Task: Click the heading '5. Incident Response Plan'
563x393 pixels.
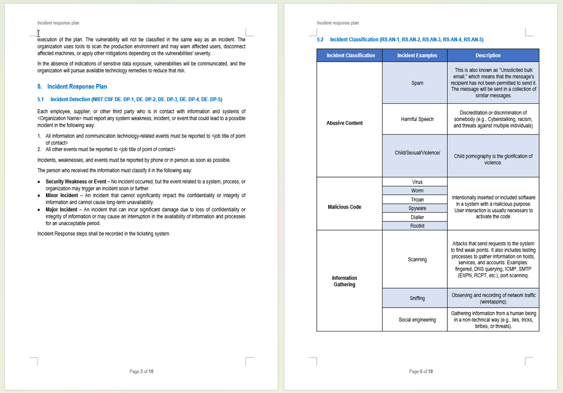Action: (72, 87)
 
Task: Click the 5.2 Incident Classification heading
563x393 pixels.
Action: (400, 40)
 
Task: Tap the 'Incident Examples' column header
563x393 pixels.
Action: (417, 55)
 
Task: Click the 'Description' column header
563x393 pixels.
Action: (488, 55)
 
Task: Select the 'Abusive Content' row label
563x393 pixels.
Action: (345, 123)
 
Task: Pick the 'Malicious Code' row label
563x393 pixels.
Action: (345, 207)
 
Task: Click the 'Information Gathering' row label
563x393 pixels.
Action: (345, 281)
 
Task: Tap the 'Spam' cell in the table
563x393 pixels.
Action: (417, 83)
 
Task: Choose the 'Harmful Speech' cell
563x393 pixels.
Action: (417, 119)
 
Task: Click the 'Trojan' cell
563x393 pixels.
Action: (417, 200)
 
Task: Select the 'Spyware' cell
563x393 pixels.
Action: (417, 208)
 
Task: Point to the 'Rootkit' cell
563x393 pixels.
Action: (417, 226)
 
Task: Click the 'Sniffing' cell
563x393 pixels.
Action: (417, 298)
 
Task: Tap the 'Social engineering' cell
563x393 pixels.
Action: (417, 320)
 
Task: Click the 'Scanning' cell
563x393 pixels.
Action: (417, 260)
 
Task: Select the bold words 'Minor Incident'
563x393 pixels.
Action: (62, 195)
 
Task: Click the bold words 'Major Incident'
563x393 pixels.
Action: (62, 210)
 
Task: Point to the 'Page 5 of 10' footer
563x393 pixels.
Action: (141, 372)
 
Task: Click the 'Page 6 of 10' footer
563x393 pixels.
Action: (421, 372)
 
